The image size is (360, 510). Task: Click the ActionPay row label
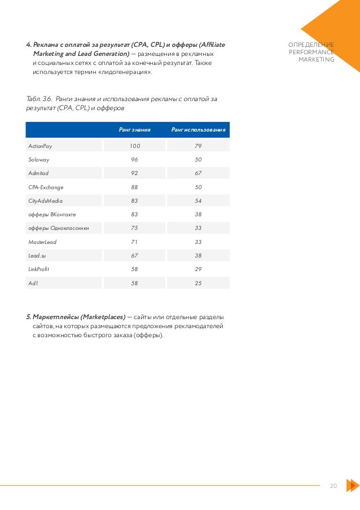pyautogui.click(x=40, y=146)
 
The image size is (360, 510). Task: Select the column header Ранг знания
pyautogui.click(x=134, y=130)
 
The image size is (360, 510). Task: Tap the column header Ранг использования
pyautogui.click(x=198, y=130)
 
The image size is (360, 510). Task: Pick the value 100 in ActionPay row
pyautogui.click(x=134, y=146)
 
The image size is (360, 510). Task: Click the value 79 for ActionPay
pyautogui.click(x=198, y=146)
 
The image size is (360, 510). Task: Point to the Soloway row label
pyautogui.click(x=39, y=160)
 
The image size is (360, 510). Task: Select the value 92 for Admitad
pyautogui.click(x=134, y=173)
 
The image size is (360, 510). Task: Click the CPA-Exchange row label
pyautogui.click(x=46, y=187)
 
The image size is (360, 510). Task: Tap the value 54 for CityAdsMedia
pyautogui.click(x=198, y=200)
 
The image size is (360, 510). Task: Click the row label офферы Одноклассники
pyautogui.click(x=58, y=228)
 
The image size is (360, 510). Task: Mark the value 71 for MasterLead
pyautogui.click(x=134, y=242)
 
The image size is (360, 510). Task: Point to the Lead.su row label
pyautogui.click(x=38, y=255)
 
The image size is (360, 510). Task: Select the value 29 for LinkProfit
pyautogui.click(x=198, y=269)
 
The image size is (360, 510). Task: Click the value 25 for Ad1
pyautogui.click(x=198, y=282)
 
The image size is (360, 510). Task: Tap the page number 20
pyautogui.click(x=333, y=486)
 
